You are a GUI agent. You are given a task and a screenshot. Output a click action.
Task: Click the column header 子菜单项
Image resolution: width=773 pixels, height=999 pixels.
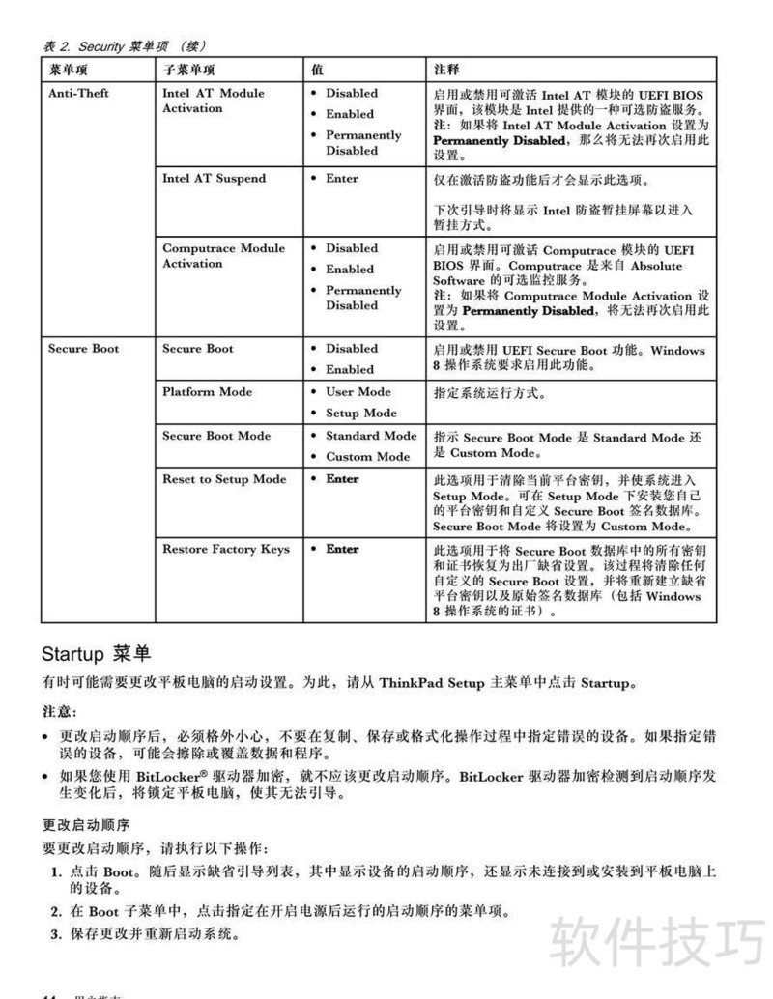click(x=188, y=70)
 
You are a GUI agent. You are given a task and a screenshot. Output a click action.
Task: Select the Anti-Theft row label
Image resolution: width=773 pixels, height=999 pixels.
click(x=78, y=93)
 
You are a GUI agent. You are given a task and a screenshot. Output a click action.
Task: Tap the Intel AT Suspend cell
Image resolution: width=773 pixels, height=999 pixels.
click(x=214, y=178)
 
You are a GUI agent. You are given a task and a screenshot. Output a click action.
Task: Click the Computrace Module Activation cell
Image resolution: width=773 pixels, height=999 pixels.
click(x=223, y=255)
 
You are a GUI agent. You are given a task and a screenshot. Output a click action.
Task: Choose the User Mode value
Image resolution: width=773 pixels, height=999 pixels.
click(x=358, y=391)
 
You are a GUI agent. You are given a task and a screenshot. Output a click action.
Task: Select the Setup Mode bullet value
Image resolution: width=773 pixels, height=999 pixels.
click(x=360, y=413)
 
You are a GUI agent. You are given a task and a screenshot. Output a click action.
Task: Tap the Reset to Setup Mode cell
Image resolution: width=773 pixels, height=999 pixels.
click(x=224, y=478)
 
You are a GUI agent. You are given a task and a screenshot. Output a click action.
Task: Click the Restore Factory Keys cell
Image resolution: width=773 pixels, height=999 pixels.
click(x=225, y=549)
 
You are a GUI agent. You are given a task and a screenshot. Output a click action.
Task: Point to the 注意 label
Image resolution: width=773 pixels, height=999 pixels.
click(x=59, y=711)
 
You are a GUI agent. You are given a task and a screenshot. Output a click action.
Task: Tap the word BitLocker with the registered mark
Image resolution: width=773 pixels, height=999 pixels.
click(x=161, y=777)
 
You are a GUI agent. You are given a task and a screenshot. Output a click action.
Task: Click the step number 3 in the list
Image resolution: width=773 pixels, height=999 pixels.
click(x=55, y=934)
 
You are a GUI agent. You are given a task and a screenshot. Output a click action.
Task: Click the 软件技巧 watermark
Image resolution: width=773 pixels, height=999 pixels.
click(x=657, y=940)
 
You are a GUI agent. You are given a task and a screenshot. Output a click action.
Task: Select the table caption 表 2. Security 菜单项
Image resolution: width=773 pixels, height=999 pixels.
click(x=124, y=44)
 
